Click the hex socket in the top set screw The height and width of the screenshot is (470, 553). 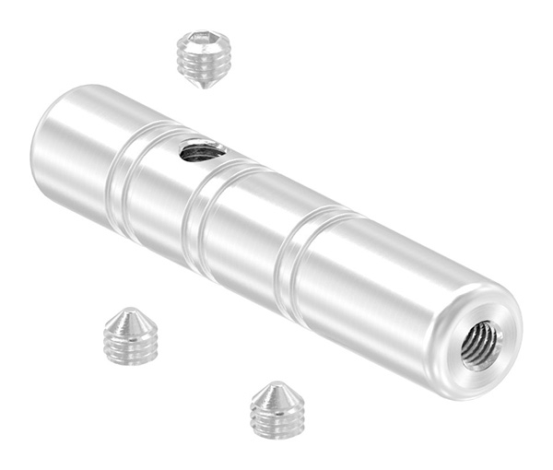tap(204, 41)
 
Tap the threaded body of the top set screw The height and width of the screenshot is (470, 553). tap(202, 65)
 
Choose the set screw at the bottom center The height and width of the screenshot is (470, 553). tap(280, 411)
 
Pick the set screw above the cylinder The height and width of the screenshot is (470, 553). tap(203, 57)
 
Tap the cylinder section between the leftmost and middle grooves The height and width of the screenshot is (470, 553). tap(161, 203)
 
